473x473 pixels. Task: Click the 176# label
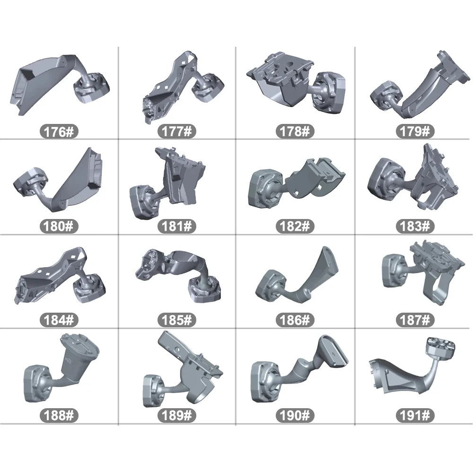point(59,131)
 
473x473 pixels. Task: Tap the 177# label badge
point(177,131)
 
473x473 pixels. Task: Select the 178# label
point(295,131)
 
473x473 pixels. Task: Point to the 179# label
point(415,131)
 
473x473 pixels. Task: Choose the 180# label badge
point(59,226)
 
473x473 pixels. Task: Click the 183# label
point(415,226)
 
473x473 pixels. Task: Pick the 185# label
point(177,320)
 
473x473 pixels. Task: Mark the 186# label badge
point(295,320)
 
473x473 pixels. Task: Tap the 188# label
point(59,415)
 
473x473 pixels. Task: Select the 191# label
point(415,415)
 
